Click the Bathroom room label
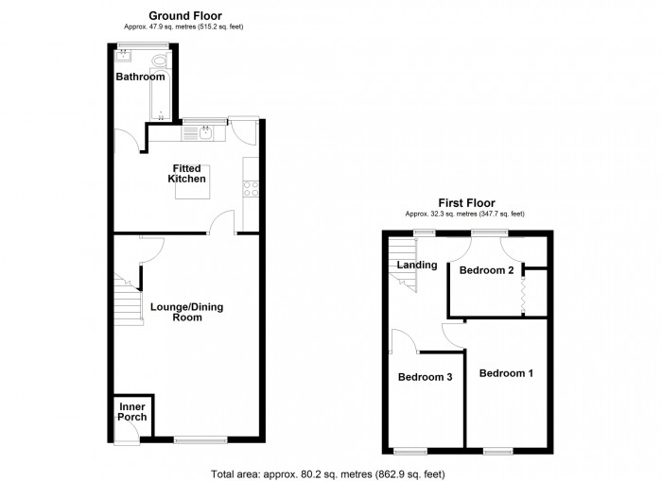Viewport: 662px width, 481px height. pos(140,77)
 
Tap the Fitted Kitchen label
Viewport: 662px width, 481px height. pos(187,174)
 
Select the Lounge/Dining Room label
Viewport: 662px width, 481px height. pos(187,313)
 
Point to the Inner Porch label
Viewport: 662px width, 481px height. pos(131,413)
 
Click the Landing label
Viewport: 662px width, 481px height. pos(416,266)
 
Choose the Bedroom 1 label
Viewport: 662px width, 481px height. pos(506,373)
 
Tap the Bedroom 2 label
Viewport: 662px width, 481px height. pos(486,270)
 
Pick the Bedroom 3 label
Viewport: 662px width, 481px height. pos(425,378)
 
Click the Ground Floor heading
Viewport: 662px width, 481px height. pos(183,16)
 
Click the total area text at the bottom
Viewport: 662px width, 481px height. pos(327,473)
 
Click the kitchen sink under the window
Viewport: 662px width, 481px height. pos(205,133)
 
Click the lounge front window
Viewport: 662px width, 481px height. pos(200,439)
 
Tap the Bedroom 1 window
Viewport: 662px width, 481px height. pos(497,451)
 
